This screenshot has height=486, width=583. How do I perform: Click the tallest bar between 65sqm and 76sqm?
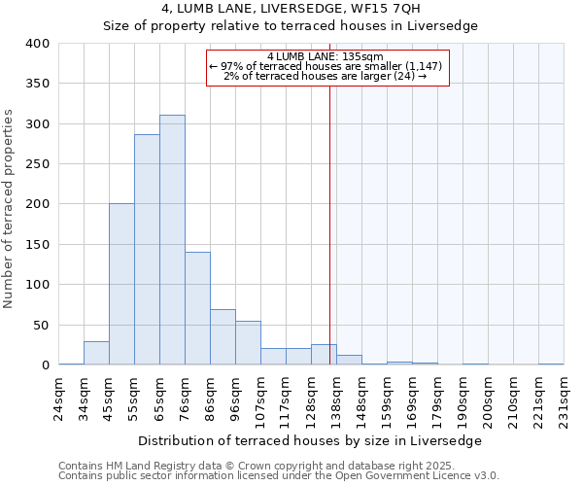172,240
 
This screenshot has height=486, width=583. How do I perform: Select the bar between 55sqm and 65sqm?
147,250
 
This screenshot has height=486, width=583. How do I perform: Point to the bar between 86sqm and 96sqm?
223,337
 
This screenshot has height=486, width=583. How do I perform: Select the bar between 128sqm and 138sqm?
324,355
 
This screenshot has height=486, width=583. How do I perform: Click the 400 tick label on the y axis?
37,44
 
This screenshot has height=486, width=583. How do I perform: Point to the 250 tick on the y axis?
37,164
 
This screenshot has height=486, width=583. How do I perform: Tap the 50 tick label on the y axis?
41,325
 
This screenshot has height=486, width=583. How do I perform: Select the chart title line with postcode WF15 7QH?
291,9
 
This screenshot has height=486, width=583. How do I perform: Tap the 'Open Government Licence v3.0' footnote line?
279,475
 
